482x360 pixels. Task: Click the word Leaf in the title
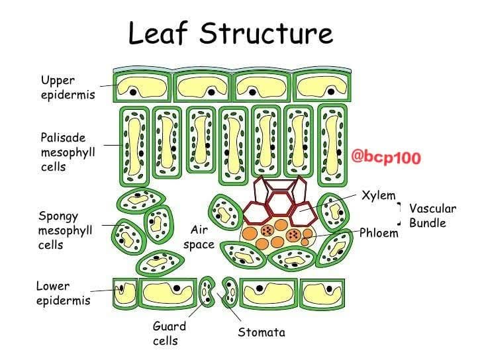pos(158,33)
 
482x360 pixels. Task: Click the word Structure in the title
pos(266,33)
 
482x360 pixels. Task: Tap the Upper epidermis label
pos(68,87)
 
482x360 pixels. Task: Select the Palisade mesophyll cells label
pos(68,152)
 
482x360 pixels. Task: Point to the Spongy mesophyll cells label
pos(65,230)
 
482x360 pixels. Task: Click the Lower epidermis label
pos(64,293)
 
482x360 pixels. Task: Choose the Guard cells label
pos(169,334)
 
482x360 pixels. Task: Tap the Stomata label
pos(262,332)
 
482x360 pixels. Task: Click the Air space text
pos(199,237)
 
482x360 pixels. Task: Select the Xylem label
pos(379,195)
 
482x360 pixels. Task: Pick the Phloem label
pos(379,233)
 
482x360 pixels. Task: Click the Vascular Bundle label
pos(432,216)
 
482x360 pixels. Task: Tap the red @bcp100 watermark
pos(386,157)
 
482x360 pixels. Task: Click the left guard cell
pos(207,291)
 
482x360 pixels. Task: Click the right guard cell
pos(230,292)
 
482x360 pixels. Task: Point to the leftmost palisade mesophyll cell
pos(134,146)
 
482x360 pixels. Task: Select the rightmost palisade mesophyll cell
pos(332,146)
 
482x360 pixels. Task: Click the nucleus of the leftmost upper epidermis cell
pos(133,92)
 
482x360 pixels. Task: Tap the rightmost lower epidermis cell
pos(322,294)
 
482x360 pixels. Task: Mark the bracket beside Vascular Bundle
pos(400,214)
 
